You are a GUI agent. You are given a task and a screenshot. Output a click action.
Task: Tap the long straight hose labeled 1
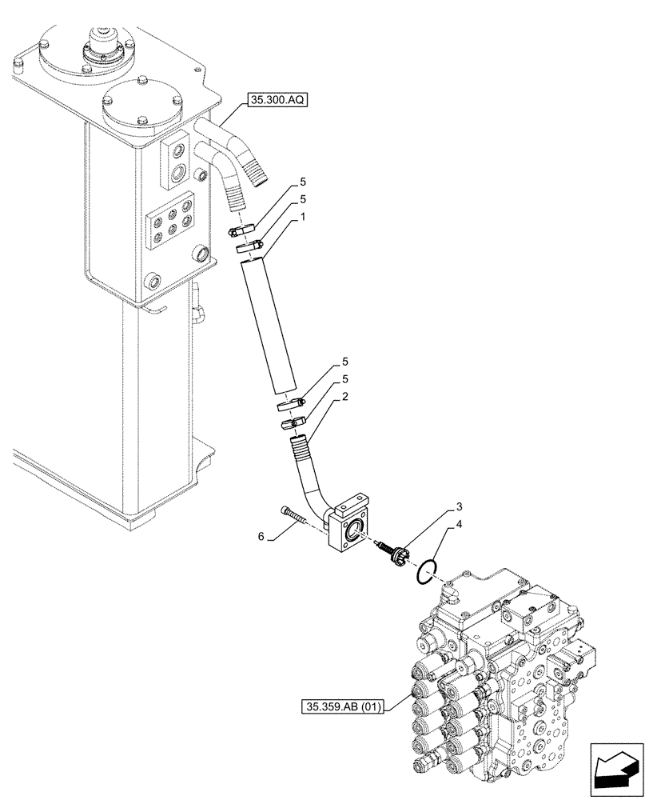point(273,328)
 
